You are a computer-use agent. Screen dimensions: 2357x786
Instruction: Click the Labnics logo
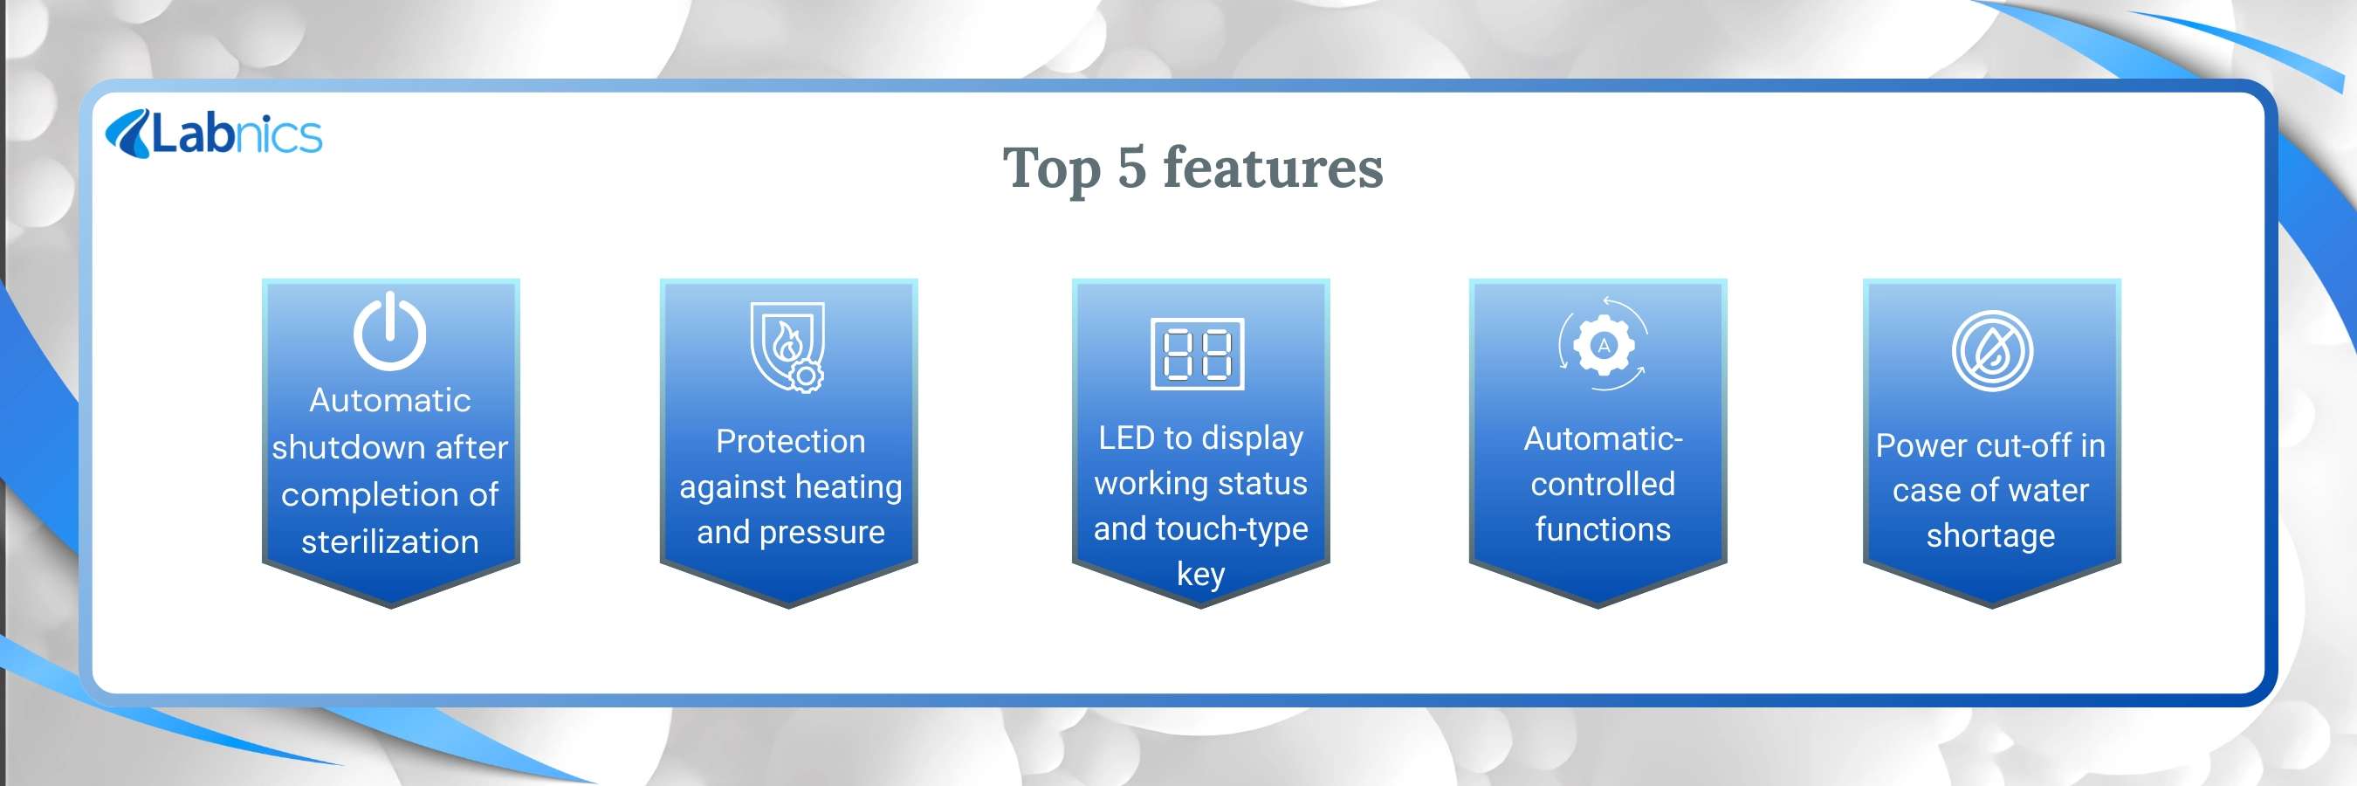click(x=214, y=134)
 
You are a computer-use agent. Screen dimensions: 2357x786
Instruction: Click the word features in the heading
click(x=1273, y=168)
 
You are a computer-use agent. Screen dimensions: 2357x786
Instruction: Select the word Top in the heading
click(x=1051, y=170)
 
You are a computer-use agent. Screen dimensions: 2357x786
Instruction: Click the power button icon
click(x=390, y=331)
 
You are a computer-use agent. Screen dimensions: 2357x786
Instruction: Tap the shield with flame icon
click(x=787, y=347)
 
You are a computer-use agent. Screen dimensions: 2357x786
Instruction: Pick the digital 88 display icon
click(x=1197, y=353)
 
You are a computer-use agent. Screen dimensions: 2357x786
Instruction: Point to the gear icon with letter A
click(x=1603, y=345)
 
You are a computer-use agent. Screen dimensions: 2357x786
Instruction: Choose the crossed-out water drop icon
click(x=1992, y=350)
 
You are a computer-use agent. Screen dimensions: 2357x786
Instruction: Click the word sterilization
click(x=390, y=541)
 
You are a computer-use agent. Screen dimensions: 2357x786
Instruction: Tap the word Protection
click(x=791, y=441)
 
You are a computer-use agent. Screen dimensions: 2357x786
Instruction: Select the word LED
click(x=1126, y=438)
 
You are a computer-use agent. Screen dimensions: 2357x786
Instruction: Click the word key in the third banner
click(x=1200, y=575)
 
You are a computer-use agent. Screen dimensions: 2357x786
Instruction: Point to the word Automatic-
click(x=1603, y=438)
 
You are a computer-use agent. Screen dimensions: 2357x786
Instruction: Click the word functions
click(x=1603, y=529)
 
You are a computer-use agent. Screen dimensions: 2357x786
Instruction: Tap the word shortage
click(x=1991, y=536)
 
